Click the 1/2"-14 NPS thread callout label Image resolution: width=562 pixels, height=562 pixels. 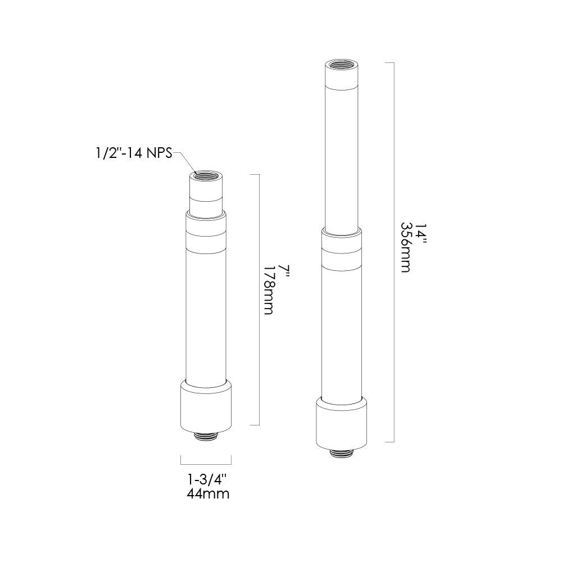[x=134, y=154]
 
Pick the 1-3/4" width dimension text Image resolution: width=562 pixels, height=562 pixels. [x=207, y=479]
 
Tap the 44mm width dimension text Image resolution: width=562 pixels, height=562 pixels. [x=208, y=494]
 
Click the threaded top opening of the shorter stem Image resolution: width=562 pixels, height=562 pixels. [x=206, y=175]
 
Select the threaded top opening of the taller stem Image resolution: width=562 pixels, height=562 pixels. [x=342, y=65]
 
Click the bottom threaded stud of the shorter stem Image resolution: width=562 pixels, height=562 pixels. [x=206, y=436]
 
